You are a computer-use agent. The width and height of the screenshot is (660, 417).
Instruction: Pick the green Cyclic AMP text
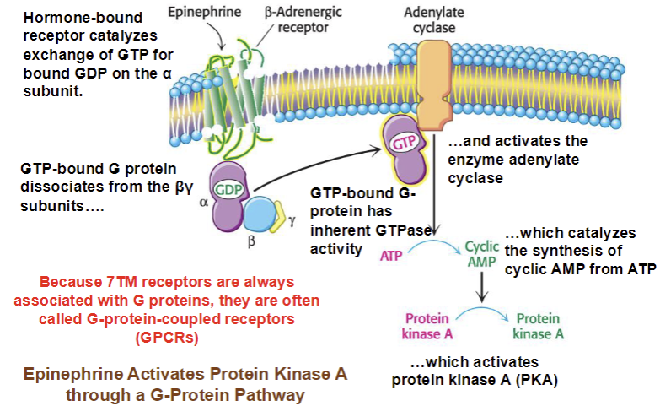[482, 254]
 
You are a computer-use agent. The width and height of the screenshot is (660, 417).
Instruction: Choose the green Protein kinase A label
[539, 326]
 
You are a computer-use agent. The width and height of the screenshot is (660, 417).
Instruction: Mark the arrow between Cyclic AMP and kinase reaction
[482, 290]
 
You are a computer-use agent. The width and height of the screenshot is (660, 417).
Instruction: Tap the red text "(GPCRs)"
[172, 337]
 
